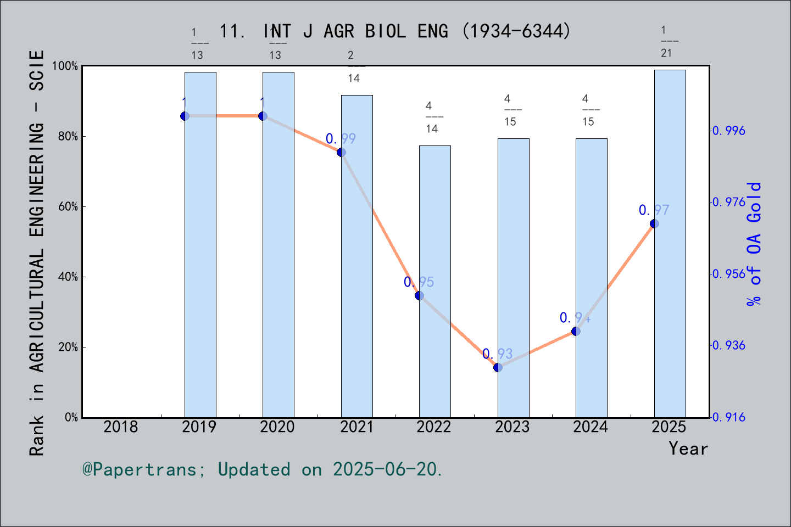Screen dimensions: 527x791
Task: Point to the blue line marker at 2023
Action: tap(498, 367)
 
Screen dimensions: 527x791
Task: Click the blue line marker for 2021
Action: tap(341, 152)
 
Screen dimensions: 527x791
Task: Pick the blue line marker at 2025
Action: tap(654, 223)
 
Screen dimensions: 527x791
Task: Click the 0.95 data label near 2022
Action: tap(419, 282)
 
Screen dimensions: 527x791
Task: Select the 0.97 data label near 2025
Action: tap(654, 210)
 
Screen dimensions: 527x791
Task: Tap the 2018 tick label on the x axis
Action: tap(121, 427)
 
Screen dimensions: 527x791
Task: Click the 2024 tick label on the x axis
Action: tap(591, 427)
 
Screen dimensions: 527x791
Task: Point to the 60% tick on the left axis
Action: tap(68, 207)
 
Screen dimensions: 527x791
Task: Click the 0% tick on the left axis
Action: tap(71, 417)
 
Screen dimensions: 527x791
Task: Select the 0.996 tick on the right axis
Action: tap(729, 131)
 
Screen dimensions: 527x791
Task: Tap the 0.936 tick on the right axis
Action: tap(729, 345)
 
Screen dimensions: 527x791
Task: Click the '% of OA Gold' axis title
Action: tap(754, 244)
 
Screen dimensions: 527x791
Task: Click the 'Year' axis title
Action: tap(688, 448)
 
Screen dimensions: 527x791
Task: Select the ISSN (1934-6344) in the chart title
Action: tap(516, 31)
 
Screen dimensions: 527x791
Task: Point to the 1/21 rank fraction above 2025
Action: tap(666, 42)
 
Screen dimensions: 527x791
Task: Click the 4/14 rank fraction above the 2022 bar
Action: tap(432, 117)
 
